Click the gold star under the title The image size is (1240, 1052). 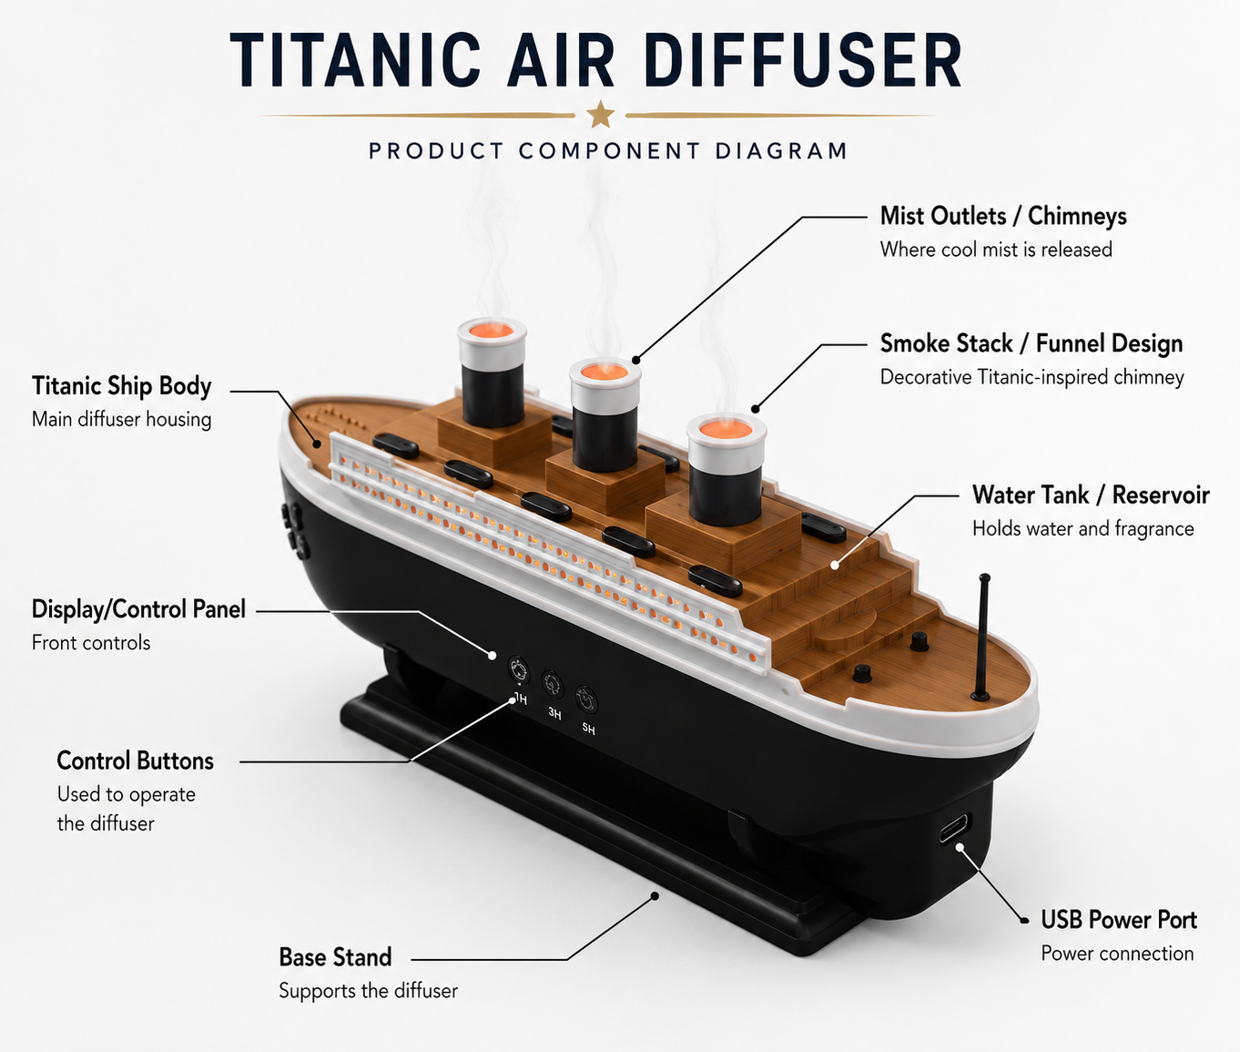coord(601,114)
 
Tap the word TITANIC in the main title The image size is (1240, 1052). coord(355,61)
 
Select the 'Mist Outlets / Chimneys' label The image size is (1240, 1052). coord(1003,217)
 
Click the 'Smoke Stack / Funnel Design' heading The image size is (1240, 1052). coord(1032,344)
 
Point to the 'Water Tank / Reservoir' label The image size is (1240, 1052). coord(1091,495)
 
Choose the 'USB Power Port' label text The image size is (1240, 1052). coord(1119,919)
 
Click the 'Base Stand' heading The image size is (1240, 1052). coord(335,956)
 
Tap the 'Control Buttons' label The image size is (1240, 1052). coord(135,761)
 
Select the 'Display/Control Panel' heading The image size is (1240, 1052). coord(138,609)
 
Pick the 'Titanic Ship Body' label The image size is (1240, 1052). coord(122,386)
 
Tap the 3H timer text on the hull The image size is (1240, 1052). coord(555,713)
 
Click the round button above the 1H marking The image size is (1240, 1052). coord(518,669)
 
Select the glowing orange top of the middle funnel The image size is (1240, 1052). coord(605,372)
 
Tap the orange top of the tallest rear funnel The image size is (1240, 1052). coord(492,330)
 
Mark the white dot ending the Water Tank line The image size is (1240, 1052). coord(835,566)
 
